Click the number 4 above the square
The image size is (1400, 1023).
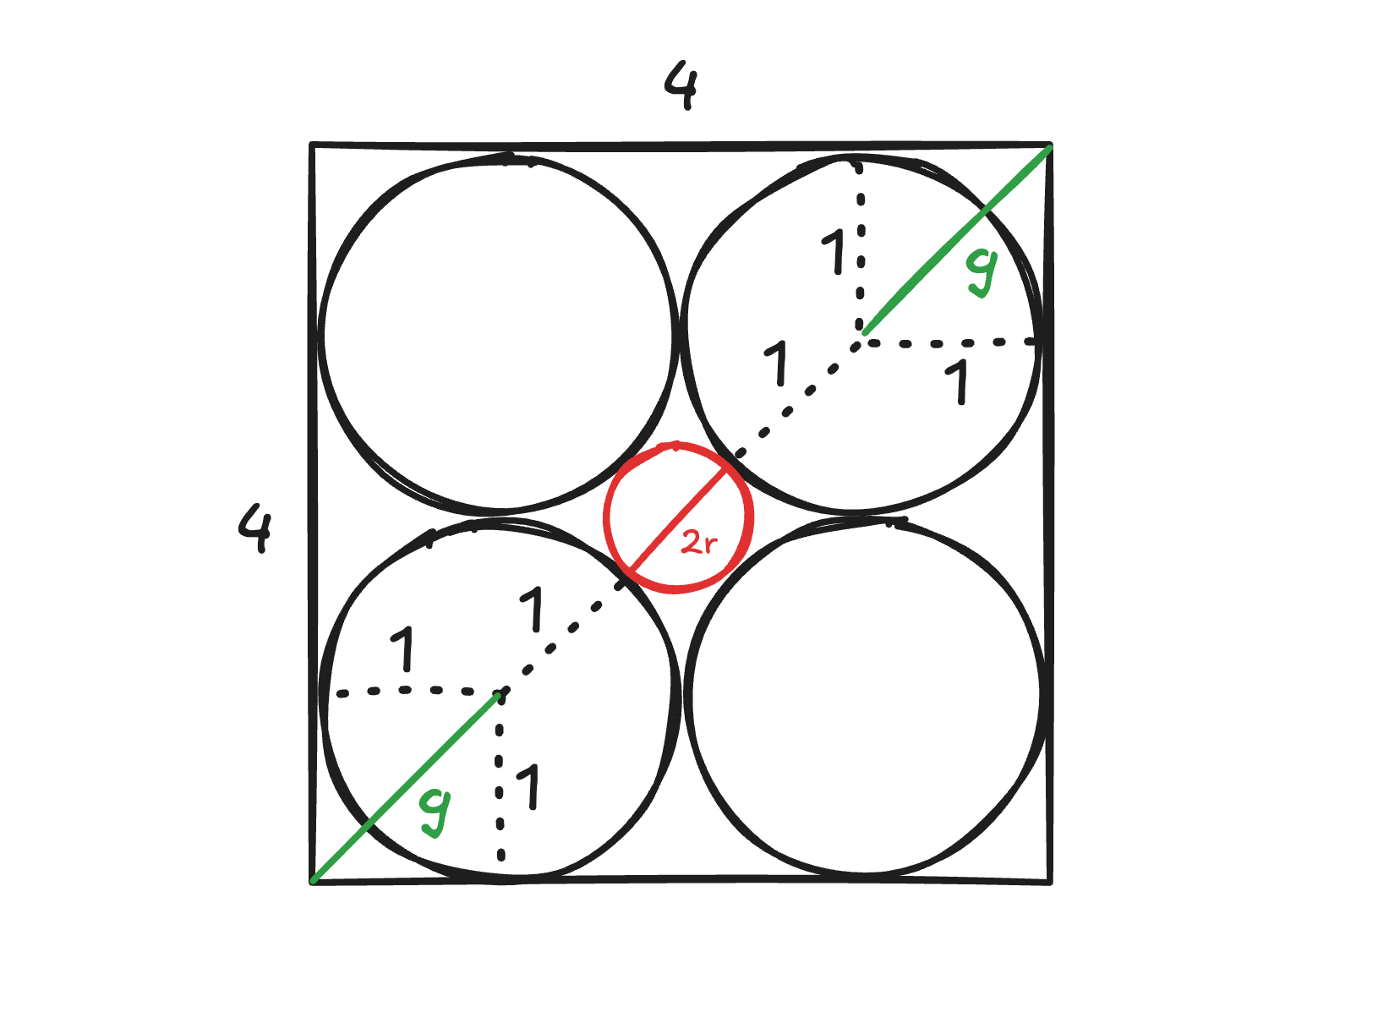681,85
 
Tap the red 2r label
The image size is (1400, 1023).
699,543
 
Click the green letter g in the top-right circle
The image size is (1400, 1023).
981,271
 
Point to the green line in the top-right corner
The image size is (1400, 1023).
955,240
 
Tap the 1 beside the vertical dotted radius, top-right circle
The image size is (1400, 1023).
835,252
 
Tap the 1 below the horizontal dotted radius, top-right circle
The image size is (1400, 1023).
958,381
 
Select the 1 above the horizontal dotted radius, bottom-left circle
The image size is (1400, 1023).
403,649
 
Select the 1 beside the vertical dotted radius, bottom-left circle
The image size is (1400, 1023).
529,786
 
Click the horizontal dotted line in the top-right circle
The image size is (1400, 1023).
947,343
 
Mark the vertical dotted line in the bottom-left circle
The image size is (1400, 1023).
500,778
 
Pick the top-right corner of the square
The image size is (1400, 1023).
1050,145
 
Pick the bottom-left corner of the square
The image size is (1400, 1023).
314,882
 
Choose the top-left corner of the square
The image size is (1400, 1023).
312,145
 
